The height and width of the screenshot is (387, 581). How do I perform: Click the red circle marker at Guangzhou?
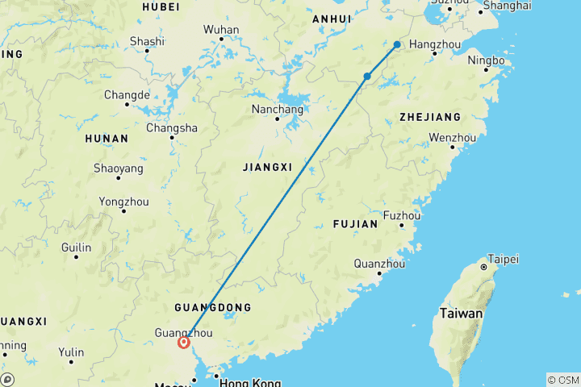tap(184, 342)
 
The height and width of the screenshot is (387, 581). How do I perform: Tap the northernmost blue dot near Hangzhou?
tap(397, 44)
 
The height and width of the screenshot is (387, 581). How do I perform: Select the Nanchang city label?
tap(277, 109)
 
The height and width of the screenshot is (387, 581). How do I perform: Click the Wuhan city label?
tap(220, 30)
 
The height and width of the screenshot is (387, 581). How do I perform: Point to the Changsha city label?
tap(171, 127)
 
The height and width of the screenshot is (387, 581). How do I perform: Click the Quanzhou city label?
tap(379, 263)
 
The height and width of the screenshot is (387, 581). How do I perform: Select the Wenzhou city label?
tap(452, 137)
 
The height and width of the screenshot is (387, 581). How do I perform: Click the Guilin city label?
tap(76, 248)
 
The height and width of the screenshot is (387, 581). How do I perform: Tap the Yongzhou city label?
tap(123, 201)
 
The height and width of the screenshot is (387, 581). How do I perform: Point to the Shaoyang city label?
tap(119, 169)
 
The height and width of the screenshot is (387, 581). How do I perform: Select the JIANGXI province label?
tap(266, 166)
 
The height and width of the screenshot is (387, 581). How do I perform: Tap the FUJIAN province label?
tap(354, 224)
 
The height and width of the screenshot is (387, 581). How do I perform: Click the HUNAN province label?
tap(106, 138)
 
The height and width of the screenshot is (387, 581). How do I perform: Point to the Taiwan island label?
tap(461, 313)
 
